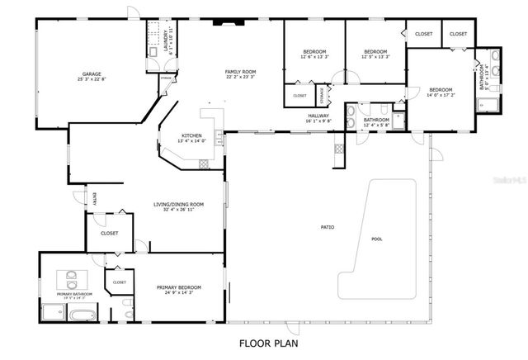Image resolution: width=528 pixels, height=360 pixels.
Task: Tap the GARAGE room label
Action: (x=92, y=73)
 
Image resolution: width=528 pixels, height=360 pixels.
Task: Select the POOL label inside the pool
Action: (x=377, y=239)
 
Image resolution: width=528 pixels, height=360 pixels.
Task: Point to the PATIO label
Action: (x=327, y=227)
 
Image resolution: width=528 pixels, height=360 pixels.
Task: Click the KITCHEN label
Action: (x=192, y=135)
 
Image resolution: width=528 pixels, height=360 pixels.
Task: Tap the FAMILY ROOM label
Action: (x=241, y=72)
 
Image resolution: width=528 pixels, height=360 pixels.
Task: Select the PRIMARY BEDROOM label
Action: (x=179, y=287)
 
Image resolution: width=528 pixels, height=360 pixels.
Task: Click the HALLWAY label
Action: (x=319, y=116)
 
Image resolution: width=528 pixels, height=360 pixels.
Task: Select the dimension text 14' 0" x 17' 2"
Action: (x=440, y=96)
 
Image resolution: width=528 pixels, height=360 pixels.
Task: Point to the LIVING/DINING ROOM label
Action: (x=178, y=204)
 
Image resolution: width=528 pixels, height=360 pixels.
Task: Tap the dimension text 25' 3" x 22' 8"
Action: (x=92, y=79)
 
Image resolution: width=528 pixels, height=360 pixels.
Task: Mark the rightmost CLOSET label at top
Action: (x=458, y=34)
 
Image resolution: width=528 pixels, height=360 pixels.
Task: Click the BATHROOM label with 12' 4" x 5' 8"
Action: (x=376, y=119)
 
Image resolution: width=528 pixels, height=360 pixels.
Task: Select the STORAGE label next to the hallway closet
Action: (x=322, y=96)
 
